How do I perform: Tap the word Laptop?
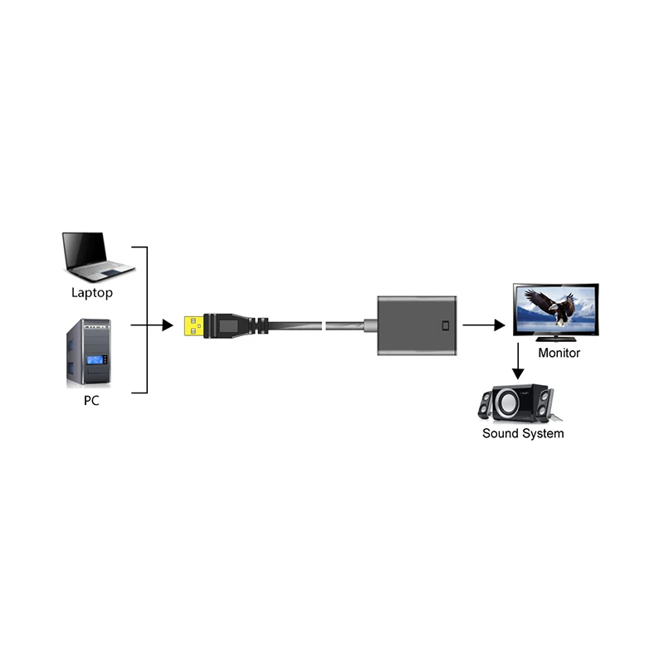point(91,293)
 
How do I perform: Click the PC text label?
point(91,400)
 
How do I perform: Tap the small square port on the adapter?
point(448,325)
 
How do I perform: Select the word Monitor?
point(559,354)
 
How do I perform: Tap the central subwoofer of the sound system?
point(509,403)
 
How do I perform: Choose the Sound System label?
point(523,434)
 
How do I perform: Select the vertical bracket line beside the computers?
point(147,320)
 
